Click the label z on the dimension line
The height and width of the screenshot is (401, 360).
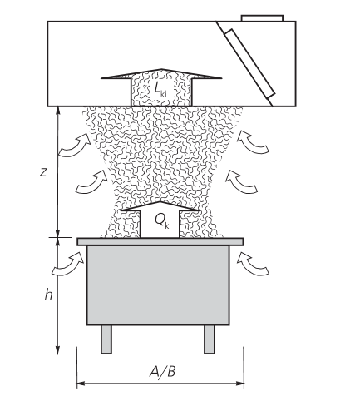pos(43,172)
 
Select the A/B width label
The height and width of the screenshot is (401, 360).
pos(162,371)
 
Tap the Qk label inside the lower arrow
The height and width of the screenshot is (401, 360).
pos(161,221)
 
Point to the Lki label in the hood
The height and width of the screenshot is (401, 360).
pos(160,89)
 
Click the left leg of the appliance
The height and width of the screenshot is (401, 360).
pos(106,339)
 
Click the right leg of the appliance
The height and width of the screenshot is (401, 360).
pos(210,339)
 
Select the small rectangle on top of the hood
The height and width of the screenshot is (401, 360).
pos(262,18)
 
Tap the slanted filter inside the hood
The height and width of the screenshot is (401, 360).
pos(249,64)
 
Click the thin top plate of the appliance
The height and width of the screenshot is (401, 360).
pos(160,241)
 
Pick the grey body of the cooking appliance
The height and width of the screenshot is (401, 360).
pos(158,285)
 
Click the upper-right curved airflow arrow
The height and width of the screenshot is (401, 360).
pos(253,142)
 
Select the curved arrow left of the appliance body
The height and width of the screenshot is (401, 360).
pos(68,264)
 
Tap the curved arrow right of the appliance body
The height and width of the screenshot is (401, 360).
pos(254,264)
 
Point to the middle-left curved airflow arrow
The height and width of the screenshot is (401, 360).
pos(91,182)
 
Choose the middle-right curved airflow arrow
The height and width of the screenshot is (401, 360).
pos(242,182)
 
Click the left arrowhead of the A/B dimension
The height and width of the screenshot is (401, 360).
pos(81,384)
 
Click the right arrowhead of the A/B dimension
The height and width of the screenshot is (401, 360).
pos(240,384)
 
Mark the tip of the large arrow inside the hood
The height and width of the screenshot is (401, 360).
pos(162,69)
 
